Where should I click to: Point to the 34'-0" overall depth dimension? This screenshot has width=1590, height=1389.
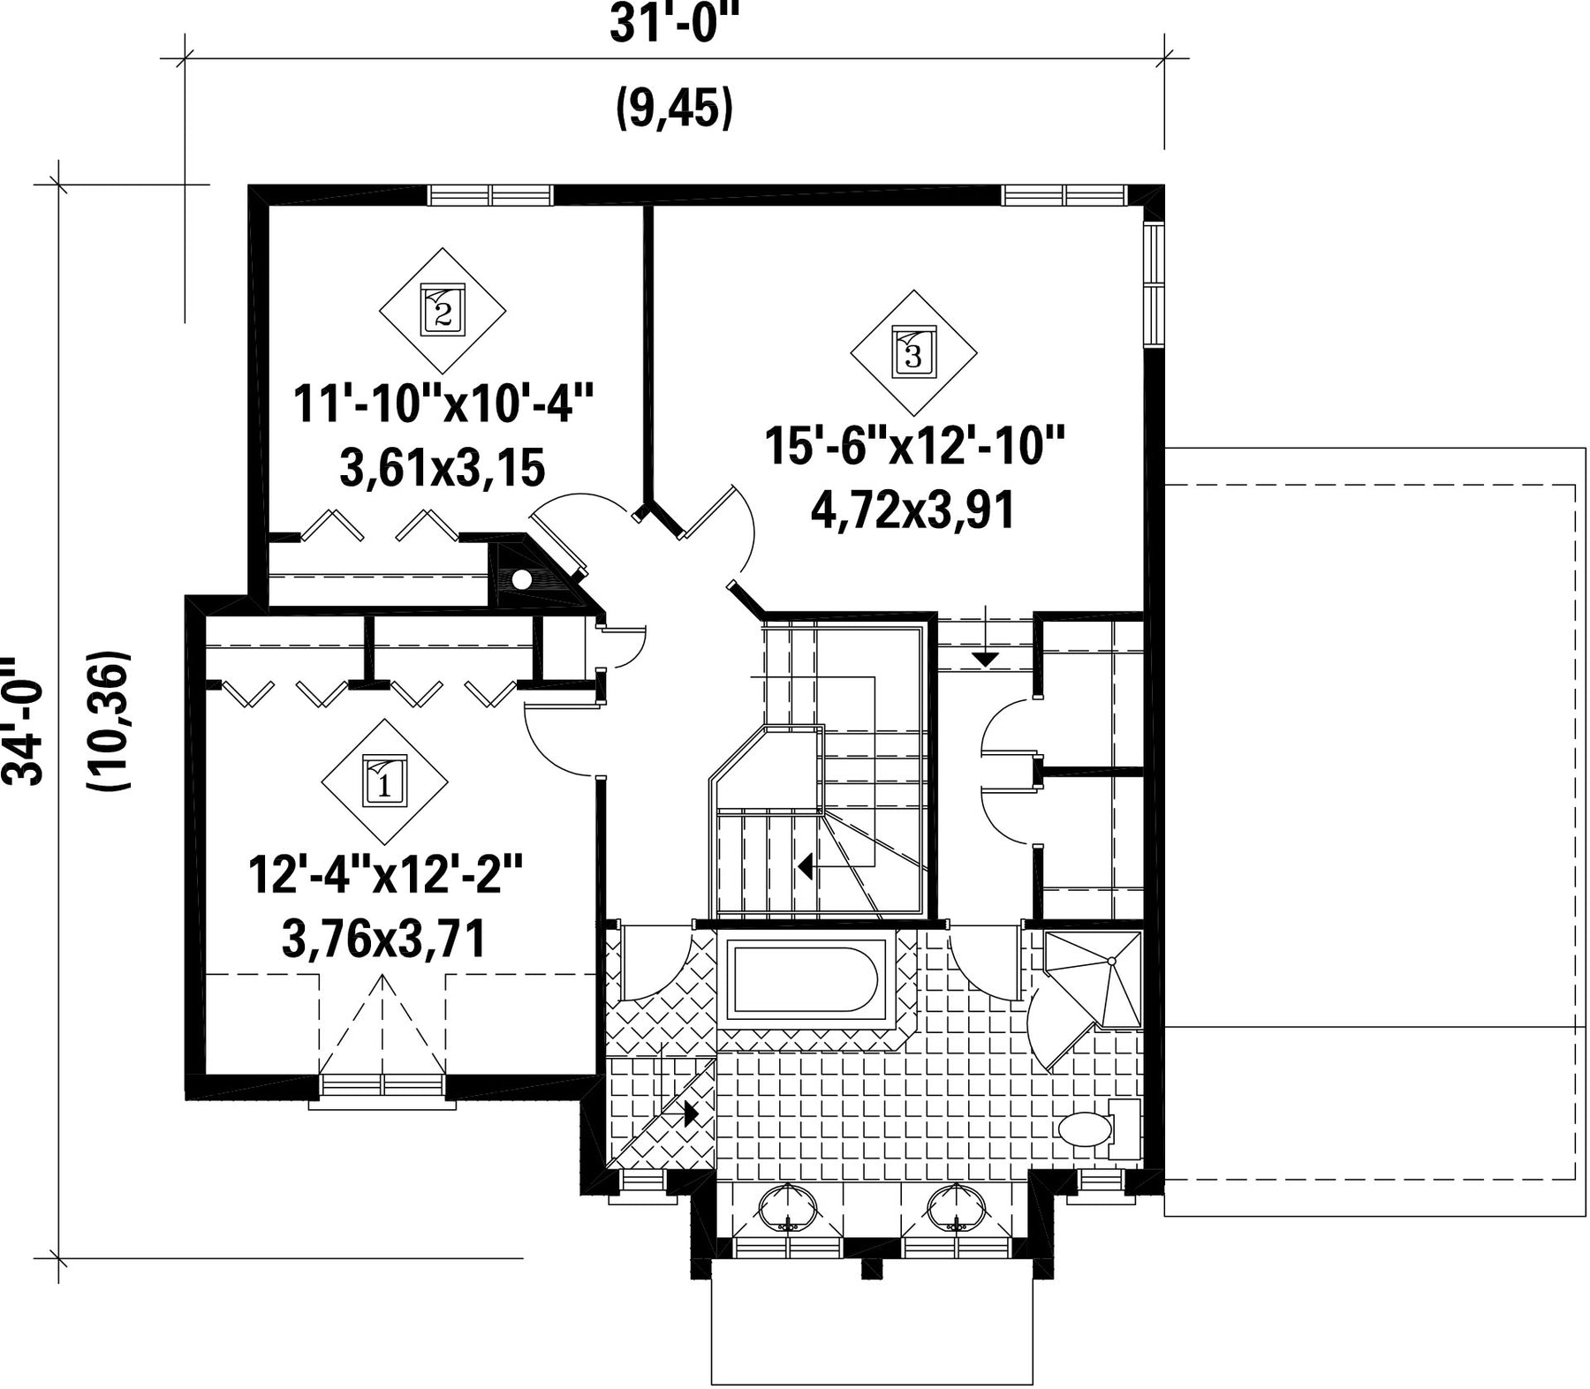tap(22, 720)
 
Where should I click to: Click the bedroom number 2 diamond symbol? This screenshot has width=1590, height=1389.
tap(443, 310)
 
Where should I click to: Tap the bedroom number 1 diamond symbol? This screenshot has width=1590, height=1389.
tap(384, 781)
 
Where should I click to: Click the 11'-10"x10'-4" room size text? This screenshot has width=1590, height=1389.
tap(441, 404)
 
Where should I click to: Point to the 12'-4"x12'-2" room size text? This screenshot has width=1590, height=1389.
tap(385, 875)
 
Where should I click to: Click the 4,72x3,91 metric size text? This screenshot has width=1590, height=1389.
tap(912, 510)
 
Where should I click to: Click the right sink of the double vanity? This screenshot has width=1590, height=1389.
tap(955, 1206)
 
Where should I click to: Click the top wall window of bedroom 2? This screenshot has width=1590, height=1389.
tap(489, 194)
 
